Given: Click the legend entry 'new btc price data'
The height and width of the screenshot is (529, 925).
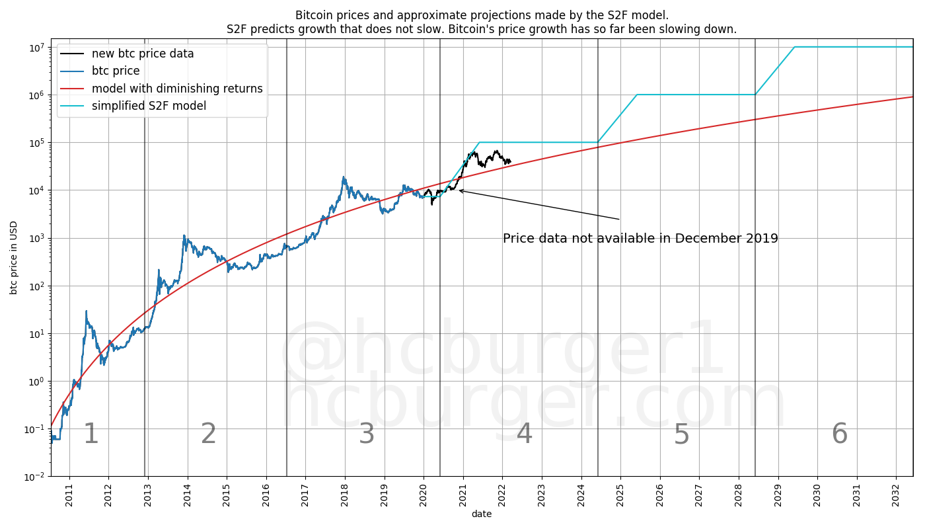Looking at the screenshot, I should tap(143, 54).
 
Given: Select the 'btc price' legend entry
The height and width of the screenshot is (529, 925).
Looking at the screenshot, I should tap(116, 71).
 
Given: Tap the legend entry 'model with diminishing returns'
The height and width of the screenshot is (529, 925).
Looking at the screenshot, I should tap(177, 89).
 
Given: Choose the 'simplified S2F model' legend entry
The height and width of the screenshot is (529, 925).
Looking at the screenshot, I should tap(149, 106).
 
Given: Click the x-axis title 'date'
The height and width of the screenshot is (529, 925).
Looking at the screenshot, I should tap(482, 514).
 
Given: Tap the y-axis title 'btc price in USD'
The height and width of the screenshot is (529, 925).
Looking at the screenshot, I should tap(14, 257).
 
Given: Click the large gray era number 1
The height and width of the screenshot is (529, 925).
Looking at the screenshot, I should tap(91, 434).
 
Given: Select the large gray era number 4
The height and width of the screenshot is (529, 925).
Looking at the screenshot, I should tap(524, 434).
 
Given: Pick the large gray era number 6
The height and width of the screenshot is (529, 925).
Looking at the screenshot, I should tap(839, 434).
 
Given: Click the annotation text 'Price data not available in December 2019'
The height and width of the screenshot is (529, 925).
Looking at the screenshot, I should tap(640, 239).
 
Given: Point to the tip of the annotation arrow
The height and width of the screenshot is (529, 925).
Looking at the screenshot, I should tap(459, 190).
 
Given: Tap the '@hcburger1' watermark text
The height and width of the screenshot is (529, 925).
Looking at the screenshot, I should tap(502, 350).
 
